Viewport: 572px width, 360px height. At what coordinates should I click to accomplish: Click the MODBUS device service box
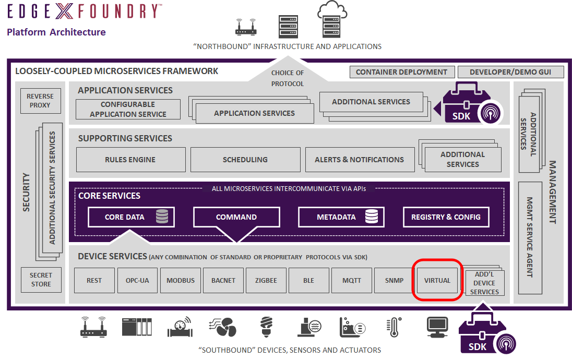[x=181, y=280]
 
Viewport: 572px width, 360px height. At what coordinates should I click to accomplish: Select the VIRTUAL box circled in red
[x=437, y=280]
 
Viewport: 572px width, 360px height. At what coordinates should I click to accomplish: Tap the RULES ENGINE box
[x=130, y=160]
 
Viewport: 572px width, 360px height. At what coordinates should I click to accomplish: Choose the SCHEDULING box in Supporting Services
[x=245, y=160]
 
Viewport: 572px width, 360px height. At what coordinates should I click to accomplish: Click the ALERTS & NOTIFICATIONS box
[x=359, y=160]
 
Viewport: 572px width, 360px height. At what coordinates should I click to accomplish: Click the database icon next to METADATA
[x=372, y=217]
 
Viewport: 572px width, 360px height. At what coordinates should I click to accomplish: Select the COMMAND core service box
[x=236, y=217]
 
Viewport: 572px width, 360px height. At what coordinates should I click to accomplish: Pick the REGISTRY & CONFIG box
[x=446, y=217]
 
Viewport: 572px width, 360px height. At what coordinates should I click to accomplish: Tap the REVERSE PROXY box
[x=40, y=101]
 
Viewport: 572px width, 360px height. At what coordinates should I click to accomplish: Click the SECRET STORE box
[x=41, y=280]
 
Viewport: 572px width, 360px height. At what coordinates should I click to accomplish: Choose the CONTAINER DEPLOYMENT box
[x=401, y=72]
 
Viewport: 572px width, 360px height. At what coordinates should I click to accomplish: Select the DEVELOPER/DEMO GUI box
[x=509, y=72]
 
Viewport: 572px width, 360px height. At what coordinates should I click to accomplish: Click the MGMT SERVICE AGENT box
[x=530, y=237]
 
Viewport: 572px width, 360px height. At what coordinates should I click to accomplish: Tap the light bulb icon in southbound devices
[x=266, y=327]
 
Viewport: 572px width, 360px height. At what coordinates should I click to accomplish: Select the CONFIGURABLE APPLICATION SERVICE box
[x=128, y=109]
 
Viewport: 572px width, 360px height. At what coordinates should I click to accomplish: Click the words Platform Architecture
[x=56, y=32]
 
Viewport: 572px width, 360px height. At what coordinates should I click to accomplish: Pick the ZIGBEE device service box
[x=266, y=280]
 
